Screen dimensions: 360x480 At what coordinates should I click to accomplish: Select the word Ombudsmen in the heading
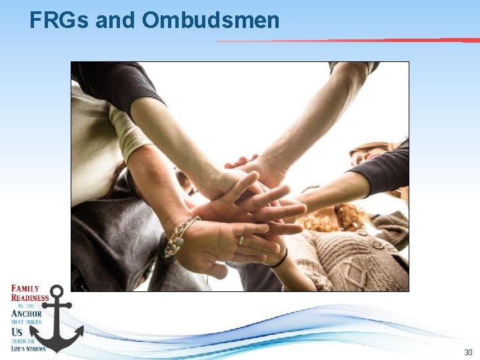[211, 20]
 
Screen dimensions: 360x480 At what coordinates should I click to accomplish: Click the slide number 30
[467, 351]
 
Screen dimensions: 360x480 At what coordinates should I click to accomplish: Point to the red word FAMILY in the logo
[25, 289]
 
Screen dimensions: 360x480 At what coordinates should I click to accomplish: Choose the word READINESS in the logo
[30, 298]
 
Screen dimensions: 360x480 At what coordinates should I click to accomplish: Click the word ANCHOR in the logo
[27, 313]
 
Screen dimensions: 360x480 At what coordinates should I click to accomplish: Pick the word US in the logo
[17, 331]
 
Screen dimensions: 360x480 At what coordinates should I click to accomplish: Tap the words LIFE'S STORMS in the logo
[28, 348]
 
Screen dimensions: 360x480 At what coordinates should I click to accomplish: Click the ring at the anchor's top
[57, 291]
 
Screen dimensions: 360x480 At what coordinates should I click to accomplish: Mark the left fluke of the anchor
[42, 336]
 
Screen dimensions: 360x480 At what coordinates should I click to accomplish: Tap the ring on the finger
[241, 240]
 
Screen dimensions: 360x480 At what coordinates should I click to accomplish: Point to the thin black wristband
[280, 259]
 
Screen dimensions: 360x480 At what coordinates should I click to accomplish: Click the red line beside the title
[347, 40]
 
